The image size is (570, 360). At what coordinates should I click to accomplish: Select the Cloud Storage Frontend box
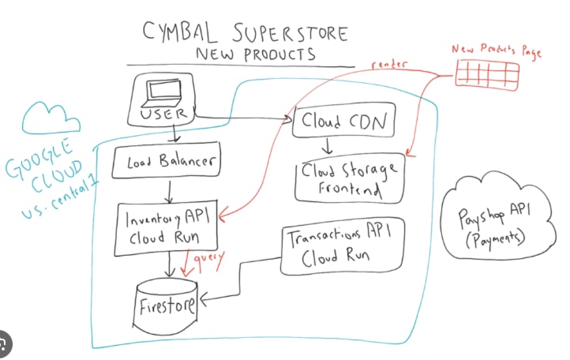[x=348, y=178]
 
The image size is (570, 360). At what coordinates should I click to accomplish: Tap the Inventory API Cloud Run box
[x=166, y=227]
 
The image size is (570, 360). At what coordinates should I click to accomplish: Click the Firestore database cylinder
[x=167, y=302]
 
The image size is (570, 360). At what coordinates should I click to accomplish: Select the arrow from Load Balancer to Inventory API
[x=167, y=190]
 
